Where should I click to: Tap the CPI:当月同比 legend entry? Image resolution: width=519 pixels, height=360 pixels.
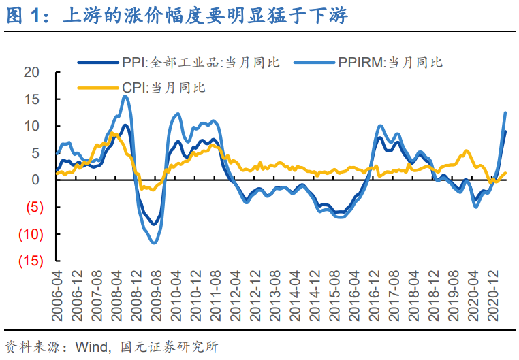pos(163,87)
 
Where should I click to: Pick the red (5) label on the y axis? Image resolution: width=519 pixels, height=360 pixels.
pos(32,208)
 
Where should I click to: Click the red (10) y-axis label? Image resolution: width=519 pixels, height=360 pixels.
pos(30,234)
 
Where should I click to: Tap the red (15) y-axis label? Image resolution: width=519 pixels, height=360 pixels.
pos(30,261)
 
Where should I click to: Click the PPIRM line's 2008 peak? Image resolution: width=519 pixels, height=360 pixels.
pos(125,97)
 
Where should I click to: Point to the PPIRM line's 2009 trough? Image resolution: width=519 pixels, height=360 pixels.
pos(155,242)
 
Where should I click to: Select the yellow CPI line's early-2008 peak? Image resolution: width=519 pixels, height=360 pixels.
pos(114,134)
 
